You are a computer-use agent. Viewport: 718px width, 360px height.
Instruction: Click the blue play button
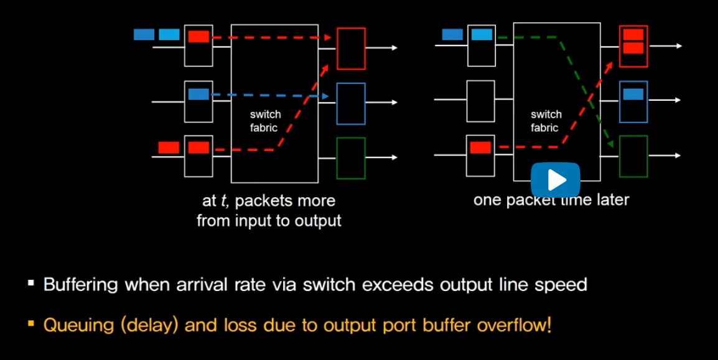[x=555, y=180]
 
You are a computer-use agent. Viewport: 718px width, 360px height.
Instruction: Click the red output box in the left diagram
[x=351, y=48]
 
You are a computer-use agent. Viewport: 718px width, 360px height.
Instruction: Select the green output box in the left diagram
[x=351, y=158]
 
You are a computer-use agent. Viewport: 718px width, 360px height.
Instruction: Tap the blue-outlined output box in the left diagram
[x=351, y=103]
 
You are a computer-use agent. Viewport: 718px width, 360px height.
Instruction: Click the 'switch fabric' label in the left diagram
[x=265, y=121]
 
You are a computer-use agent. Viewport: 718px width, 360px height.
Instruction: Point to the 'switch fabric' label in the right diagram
[x=546, y=121]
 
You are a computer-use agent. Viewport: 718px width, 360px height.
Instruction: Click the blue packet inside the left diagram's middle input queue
[x=198, y=95]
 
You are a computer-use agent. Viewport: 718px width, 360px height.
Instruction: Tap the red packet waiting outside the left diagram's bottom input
[x=169, y=147]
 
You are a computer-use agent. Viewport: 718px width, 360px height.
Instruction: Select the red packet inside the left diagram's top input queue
[x=198, y=37]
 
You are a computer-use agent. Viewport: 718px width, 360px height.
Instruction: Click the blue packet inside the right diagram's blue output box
[x=633, y=95]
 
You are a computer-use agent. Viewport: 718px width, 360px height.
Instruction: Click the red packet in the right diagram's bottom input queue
[x=480, y=147]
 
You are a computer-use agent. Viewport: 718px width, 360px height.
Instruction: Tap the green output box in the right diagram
[x=633, y=156]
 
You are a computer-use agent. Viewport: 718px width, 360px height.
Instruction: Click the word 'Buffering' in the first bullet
[x=81, y=285]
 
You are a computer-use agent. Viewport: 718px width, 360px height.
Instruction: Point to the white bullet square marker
[x=31, y=284]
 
